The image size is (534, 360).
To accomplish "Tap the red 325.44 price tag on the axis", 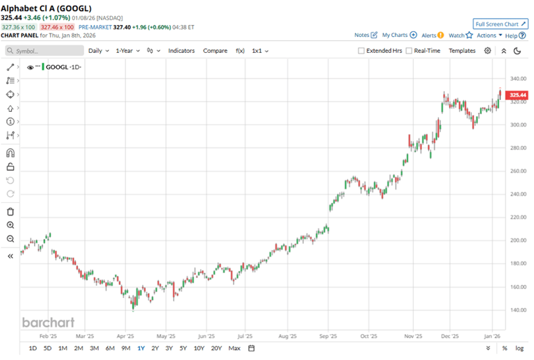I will point(517,95).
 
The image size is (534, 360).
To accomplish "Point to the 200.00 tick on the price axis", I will point(517,240).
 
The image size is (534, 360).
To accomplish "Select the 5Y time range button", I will point(183,348).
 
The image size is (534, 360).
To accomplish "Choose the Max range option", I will point(234,348).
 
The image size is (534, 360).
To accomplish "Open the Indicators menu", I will point(181,51).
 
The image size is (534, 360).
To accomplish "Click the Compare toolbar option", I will point(215,51).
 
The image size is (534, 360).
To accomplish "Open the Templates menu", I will point(462,51).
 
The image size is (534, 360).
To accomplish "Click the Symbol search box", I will point(45,51).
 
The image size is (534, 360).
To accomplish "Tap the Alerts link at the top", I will point(431,35).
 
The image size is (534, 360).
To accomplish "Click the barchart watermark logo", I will point(47,322).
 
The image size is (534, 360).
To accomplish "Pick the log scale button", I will point(519,348).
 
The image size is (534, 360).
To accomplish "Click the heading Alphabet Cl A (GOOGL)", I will point(45,8).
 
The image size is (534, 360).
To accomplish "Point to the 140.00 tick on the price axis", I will point(517,310).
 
